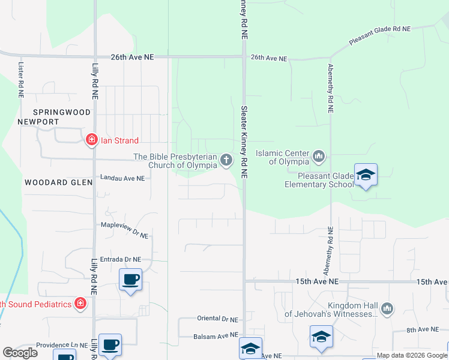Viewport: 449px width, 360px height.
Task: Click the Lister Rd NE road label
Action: click(21, 80)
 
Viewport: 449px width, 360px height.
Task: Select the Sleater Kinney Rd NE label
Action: click(244, 142)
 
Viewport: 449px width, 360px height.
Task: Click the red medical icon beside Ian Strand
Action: click(92, 140)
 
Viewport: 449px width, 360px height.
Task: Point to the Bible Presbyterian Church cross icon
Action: click(226, 160)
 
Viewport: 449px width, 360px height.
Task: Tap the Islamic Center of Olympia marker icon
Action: click(319, 157)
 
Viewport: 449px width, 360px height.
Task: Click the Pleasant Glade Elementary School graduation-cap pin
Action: click(366, 175)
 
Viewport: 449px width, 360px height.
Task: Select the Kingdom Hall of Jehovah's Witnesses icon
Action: click(387, 308)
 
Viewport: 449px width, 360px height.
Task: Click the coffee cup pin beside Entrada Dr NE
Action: click(130, 279)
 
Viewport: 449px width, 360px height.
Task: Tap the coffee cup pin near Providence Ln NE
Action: click(110, 345)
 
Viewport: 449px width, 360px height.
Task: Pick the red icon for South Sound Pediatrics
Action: click(80, 304)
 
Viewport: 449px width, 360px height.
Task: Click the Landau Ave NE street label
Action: click(122, 178)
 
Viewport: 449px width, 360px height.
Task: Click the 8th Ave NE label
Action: click(423, 329)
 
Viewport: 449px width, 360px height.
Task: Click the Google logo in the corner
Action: click(20, 353)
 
